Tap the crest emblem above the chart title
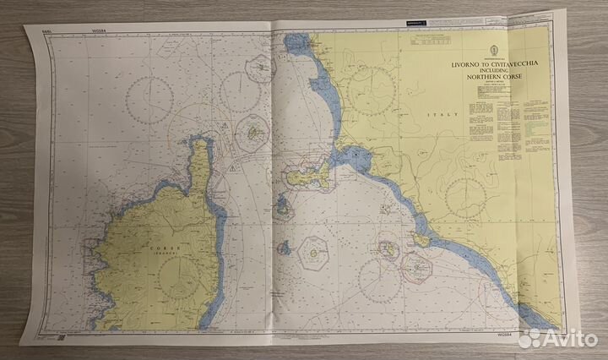tap(478, 46)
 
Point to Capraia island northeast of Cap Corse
tap(253, 133)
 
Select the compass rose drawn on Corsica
tap(176, 275)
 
